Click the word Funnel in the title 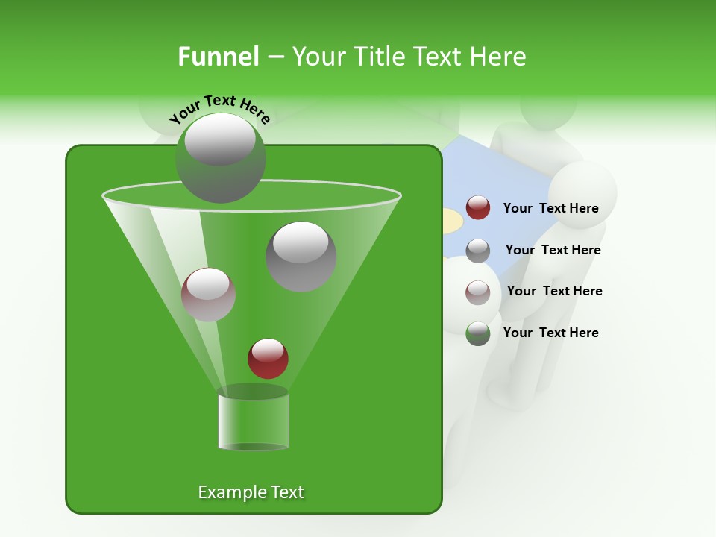[x=218, y=57]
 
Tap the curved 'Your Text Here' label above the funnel [x=220, y=109]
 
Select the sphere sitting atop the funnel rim [x=220, y=157]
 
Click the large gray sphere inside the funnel [x=301, y=256]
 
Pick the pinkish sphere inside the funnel [x=208, y=295]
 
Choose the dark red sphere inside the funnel [x=268, y=358]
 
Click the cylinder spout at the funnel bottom [x=253, y=421]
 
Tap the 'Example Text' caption [x=251, y=492]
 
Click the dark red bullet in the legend [x=478, y=208]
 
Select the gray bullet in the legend [x=478, y=251]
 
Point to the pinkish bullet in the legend [x=478, y=292]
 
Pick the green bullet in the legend [x=478, y=333]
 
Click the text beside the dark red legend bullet [x=550, y=209]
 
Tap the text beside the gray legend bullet [x=553, y=250]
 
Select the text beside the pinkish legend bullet [x=554, y=291]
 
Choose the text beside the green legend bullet [x=550, y=333]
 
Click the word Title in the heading [x=380, y=57]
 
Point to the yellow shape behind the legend [x=450, y=222]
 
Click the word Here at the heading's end [x=498, y=57]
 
